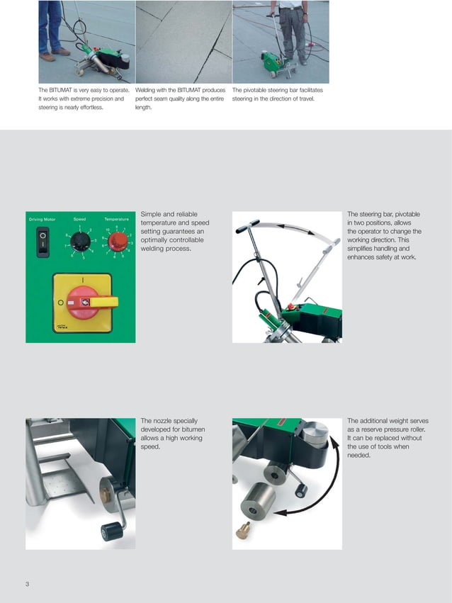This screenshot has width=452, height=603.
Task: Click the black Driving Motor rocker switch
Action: coord(43,242)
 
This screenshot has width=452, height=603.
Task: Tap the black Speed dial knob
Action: coord(81,242)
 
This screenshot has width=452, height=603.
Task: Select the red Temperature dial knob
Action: coord(118,242)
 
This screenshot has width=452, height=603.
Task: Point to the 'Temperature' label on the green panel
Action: coord(116,220)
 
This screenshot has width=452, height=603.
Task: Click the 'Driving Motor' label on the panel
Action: coord(43,220)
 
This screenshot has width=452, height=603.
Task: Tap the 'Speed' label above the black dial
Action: coord(79,220)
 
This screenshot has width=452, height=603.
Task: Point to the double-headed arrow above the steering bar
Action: coord(290,227)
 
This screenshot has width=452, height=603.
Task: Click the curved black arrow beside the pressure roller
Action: coord(319,489)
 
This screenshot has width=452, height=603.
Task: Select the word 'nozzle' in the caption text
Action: coord(162,420)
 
